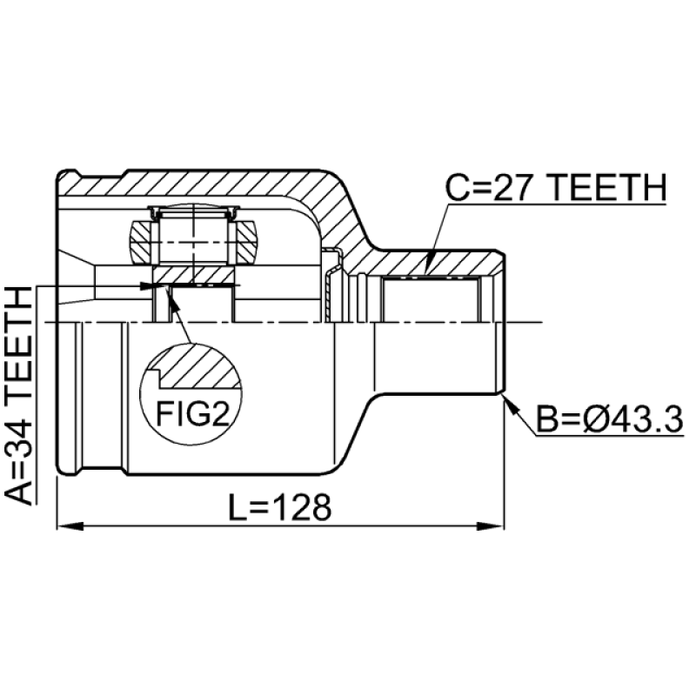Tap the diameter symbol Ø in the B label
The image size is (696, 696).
pyautogui.click(x=593, y=422)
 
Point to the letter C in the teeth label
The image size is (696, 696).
pyautogui.click(x=458, y=187)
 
